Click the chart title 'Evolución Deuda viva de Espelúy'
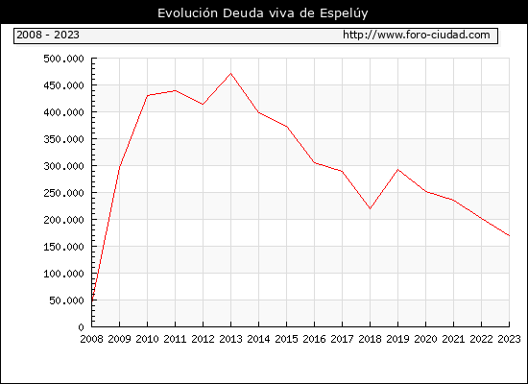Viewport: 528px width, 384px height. [263, 13]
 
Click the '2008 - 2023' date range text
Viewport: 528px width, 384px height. [48, 35]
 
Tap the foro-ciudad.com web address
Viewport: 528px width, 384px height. [417, 35]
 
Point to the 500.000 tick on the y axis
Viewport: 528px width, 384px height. [63, 59]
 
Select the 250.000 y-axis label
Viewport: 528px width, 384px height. [63, 193]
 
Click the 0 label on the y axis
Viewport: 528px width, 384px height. [82, 327]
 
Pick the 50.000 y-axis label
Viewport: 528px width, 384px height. [66, 300]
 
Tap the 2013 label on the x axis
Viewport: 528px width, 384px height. [230, 339]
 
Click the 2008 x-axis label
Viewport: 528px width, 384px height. [91, 339]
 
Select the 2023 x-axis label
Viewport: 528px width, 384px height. [509, 339]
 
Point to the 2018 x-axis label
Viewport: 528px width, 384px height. [370, 339]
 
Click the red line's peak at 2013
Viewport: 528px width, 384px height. [230, 73]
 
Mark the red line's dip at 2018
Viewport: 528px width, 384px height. [370, 208]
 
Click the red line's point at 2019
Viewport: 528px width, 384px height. [397, 169]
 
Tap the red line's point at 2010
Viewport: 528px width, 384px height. [148, 95]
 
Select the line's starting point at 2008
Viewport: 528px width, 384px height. [92, 300]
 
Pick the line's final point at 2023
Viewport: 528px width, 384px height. [509, 236]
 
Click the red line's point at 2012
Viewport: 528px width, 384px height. [203, 105]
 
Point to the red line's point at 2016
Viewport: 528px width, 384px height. [314, 162]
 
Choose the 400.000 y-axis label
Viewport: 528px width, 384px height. [63, 112]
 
